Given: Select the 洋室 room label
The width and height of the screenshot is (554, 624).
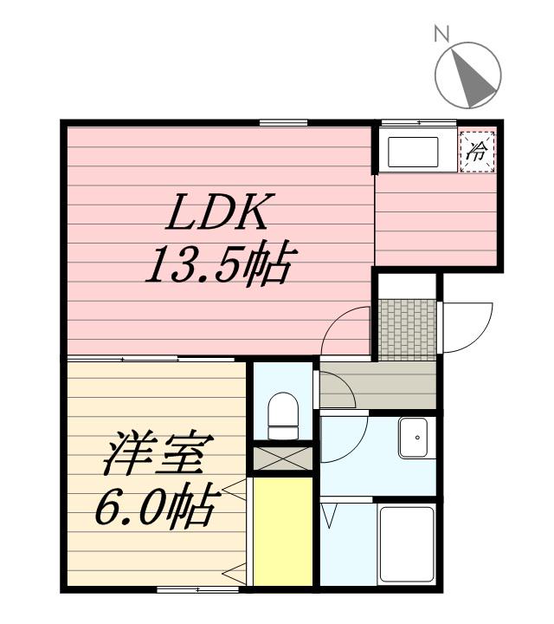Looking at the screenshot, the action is (158, 453).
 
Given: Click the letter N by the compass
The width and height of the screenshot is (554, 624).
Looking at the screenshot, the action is (441, 34).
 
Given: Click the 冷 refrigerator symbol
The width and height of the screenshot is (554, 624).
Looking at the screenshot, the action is (477, 152).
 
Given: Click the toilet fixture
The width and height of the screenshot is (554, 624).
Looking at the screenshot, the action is (283, 416).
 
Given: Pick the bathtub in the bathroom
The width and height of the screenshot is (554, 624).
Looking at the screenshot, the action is (407, 543).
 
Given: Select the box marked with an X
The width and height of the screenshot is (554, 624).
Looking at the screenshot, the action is (282, 458).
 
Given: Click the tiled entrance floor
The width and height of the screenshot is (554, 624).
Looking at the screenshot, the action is (407, 329).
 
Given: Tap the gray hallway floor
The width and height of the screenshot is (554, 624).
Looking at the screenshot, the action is (378, 385).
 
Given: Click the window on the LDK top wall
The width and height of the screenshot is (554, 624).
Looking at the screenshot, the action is (283, 123).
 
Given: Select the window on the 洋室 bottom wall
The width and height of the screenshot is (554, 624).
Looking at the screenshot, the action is (197, 589).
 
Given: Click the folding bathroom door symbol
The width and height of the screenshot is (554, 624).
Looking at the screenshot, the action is (330, 516).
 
